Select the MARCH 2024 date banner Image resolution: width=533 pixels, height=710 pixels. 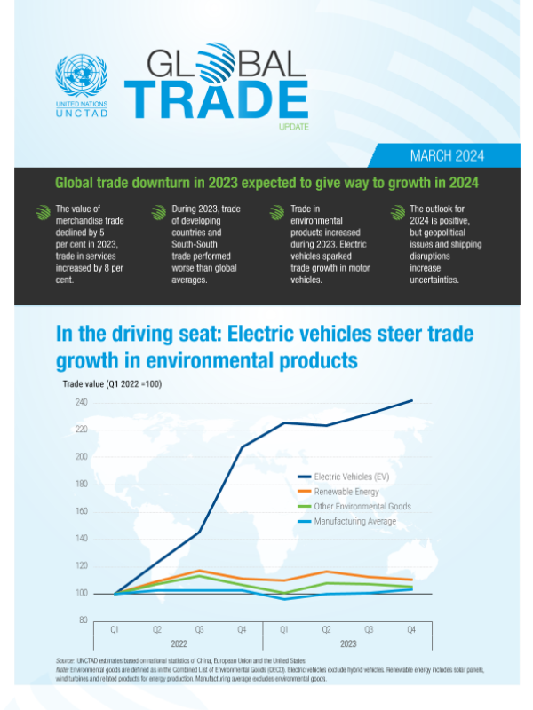pyautogui.click(x=446, y=156)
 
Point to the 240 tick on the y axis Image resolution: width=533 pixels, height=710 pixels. pyautogui.click(x=81, y=403)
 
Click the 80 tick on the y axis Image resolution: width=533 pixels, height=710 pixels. pyautogui.click(x=83, y=619)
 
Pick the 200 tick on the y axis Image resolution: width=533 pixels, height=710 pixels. pyautogui.click(x=81, y=457)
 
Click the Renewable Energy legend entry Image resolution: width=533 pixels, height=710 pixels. pyautogui.click(x=346, y=492)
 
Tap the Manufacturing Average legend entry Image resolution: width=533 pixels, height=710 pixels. pyautogui.click(x=355, y=522)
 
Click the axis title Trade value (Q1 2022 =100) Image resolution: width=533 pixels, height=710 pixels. pyautogui.click(x=112, y=384)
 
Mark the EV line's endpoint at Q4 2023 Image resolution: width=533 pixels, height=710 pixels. pyautogui.click(x=412, y=400)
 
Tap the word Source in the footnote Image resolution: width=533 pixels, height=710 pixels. pyautogui.click(x=64, y=661)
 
